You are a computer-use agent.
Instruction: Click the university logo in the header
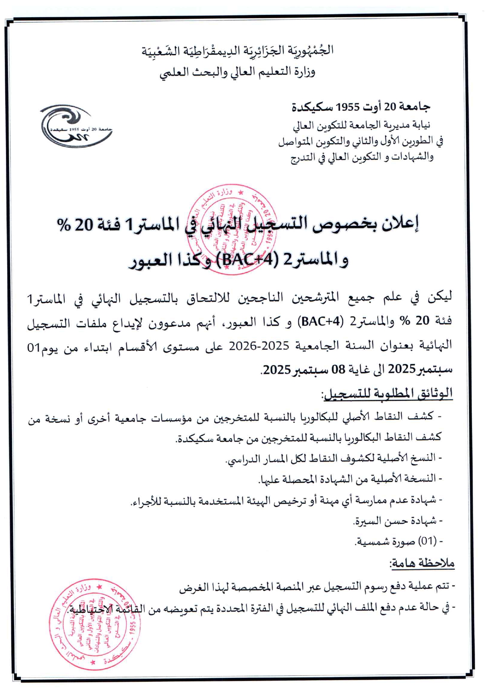76,126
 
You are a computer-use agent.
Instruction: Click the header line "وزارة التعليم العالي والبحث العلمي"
237,72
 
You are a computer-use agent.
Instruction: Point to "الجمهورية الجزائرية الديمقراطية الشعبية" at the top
237,51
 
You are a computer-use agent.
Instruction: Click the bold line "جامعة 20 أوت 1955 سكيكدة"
361,107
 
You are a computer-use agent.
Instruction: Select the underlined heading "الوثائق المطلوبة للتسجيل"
387,394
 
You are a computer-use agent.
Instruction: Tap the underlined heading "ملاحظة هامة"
422,563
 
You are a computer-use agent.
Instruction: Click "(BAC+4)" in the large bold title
240,260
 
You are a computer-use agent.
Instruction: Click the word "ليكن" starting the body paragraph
440,297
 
